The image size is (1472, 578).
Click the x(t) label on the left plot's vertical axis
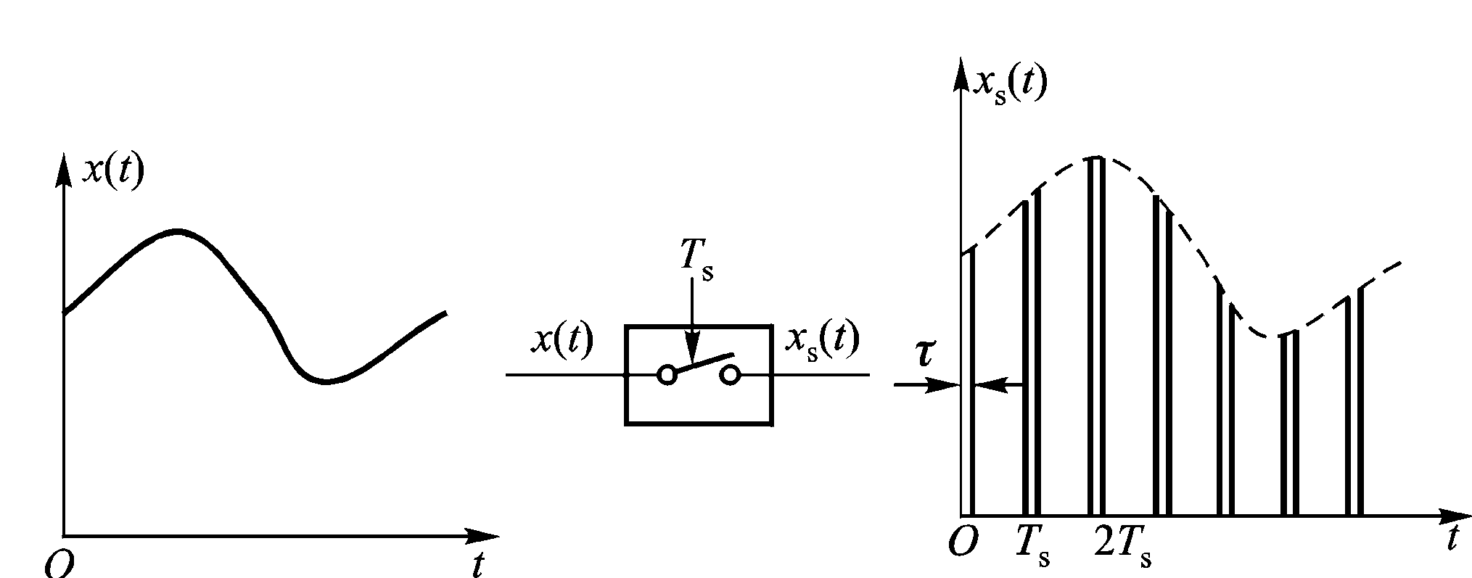113,171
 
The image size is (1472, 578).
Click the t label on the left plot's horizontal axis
477,564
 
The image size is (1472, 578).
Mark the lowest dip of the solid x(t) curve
326,381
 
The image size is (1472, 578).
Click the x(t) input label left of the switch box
562,339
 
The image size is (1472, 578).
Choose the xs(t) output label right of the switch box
822,339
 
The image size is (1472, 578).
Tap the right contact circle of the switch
730,374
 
